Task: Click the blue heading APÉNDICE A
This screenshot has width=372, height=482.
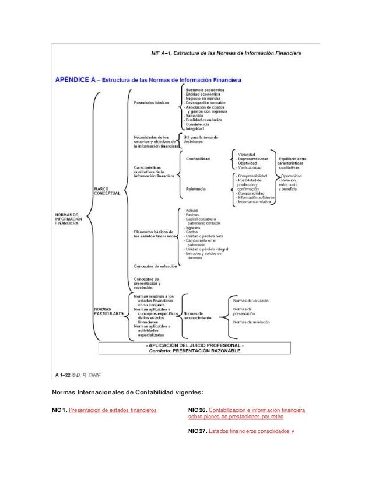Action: [77, 78]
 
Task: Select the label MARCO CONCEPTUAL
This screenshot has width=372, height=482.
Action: [106, 191]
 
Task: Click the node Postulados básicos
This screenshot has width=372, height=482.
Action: [152, 103]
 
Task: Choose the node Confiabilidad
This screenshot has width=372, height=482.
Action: [198, 158]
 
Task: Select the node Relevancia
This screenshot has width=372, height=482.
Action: [195, 189]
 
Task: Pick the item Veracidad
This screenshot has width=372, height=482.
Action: [247, 153]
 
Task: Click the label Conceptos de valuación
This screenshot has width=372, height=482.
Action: [156, 266]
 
